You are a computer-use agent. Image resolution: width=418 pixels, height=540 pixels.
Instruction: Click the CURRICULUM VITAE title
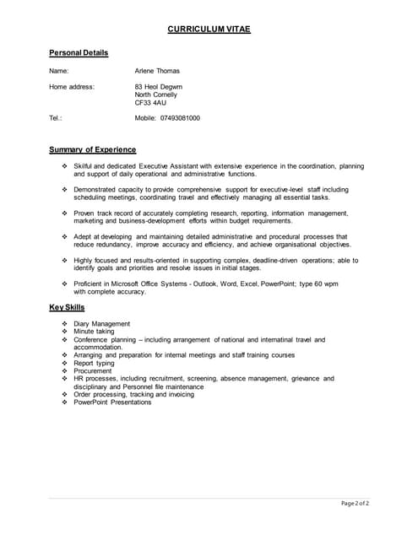tap(209, 30)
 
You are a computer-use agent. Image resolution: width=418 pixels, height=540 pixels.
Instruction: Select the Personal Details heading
tap(79, 53)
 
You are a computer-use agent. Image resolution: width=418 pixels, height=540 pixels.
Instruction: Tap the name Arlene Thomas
tap(157, 71)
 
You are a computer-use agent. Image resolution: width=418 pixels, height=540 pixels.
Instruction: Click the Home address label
tap(72, 87)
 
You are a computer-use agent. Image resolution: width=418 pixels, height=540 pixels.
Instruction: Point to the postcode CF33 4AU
tap(151, 103)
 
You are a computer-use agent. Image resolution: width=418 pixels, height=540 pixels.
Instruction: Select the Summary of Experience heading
tap(93, 149)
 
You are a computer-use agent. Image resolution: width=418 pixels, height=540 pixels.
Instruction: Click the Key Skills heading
tap(67, 307)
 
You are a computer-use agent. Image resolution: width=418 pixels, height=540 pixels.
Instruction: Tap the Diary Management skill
tap(102, 324)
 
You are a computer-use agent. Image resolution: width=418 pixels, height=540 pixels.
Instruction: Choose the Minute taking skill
tap(94, 332)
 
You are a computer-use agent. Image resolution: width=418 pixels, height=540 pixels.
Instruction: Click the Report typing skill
tap(94, 363)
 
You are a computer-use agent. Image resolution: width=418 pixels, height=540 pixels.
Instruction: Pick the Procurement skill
tap(93, 370)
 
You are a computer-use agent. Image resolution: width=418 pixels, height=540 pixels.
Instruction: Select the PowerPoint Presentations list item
tap(112, 402)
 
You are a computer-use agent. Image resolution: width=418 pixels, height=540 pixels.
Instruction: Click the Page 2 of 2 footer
tap(356, 504)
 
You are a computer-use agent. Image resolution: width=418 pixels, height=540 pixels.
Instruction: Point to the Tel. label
tap(56, 118)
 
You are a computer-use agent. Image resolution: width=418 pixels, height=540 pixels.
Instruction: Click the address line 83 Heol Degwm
tap(158, 87)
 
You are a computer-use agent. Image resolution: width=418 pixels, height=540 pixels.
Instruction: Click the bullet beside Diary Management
tap(64, 324)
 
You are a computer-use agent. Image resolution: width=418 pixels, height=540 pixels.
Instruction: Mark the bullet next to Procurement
tap(64, 370)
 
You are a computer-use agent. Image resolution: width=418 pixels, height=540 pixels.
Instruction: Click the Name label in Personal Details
tap(59, 71)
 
